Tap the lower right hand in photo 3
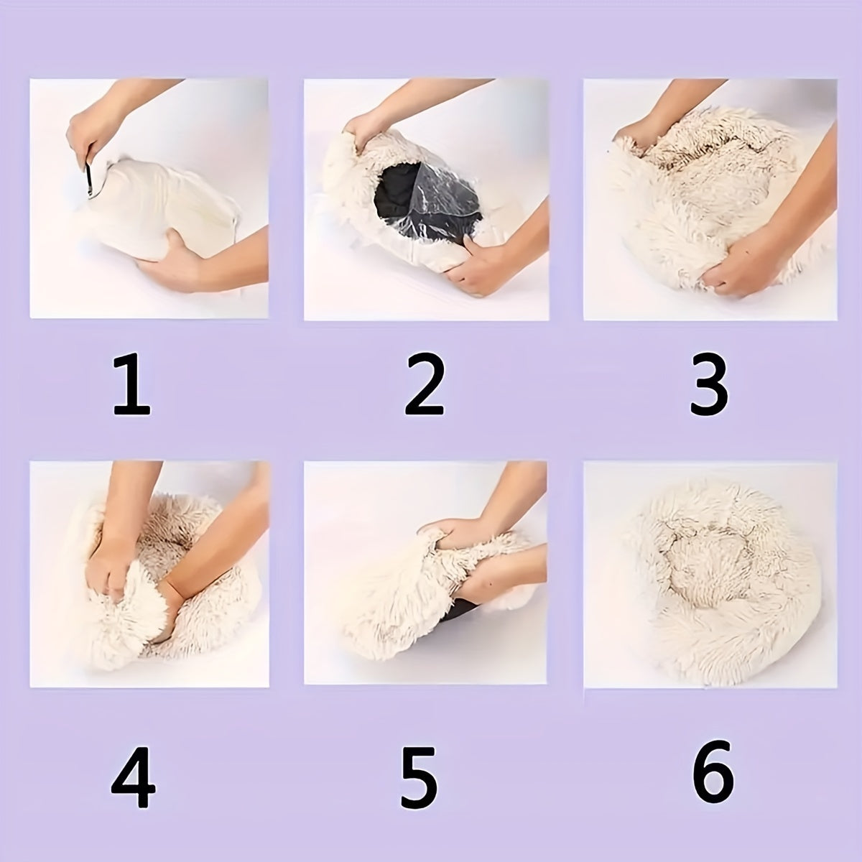pos(747,259)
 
